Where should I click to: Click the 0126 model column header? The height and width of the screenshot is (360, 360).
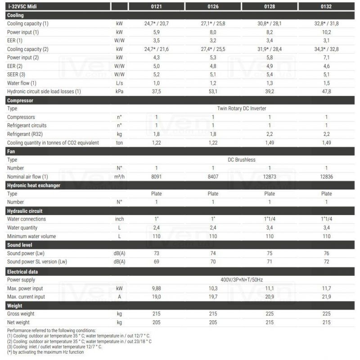213,7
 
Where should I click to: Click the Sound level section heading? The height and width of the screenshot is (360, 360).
20,245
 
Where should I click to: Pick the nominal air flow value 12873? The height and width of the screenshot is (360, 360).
270,176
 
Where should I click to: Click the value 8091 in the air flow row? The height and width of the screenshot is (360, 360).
156,176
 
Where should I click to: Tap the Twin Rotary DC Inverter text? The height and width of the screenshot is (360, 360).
241,108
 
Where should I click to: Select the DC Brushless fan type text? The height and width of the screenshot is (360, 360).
241,160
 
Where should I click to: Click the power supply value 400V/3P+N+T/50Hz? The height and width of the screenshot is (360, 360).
241,280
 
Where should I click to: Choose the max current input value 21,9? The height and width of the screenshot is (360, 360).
326,297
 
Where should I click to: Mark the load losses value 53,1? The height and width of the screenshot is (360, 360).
213,91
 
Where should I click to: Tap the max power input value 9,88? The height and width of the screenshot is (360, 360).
156,288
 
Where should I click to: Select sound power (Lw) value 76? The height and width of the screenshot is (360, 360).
326,253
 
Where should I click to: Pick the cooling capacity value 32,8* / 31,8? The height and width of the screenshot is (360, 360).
326,23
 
